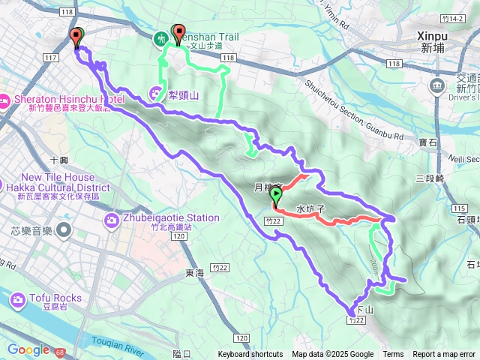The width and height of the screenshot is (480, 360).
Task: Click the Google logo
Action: click(28, 349)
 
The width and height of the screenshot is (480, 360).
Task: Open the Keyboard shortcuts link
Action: click(250, 355)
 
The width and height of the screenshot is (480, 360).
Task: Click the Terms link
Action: click(393, 355)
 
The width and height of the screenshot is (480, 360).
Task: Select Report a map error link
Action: click(444, 355)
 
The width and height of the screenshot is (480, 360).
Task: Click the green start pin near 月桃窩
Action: click(276, 196)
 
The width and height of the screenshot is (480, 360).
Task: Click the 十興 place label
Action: click(58, 160)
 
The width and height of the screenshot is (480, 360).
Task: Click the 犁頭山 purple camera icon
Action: click(156, 94)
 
